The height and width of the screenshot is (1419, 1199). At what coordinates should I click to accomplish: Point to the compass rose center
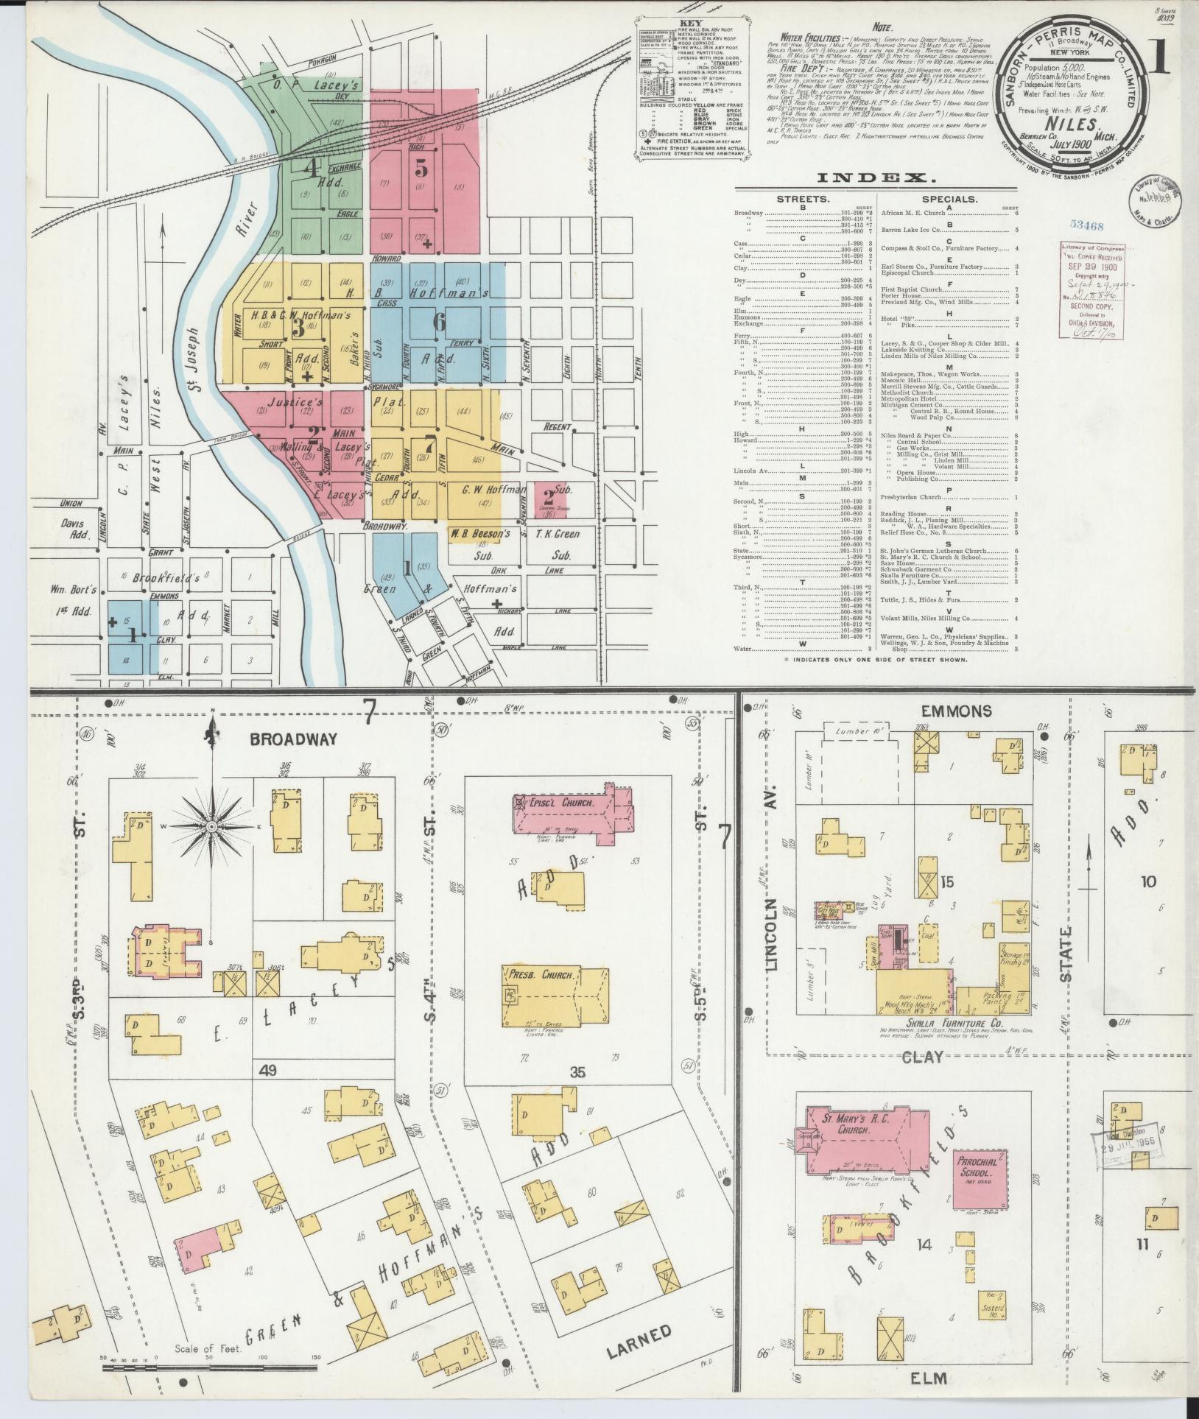pos(212,828)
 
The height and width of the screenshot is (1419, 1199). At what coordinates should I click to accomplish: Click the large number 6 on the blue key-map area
pos(439,322)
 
